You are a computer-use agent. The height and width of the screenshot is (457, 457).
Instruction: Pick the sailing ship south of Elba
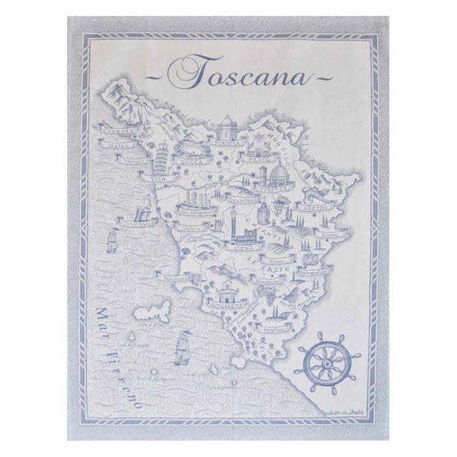(x=182, y=351)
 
